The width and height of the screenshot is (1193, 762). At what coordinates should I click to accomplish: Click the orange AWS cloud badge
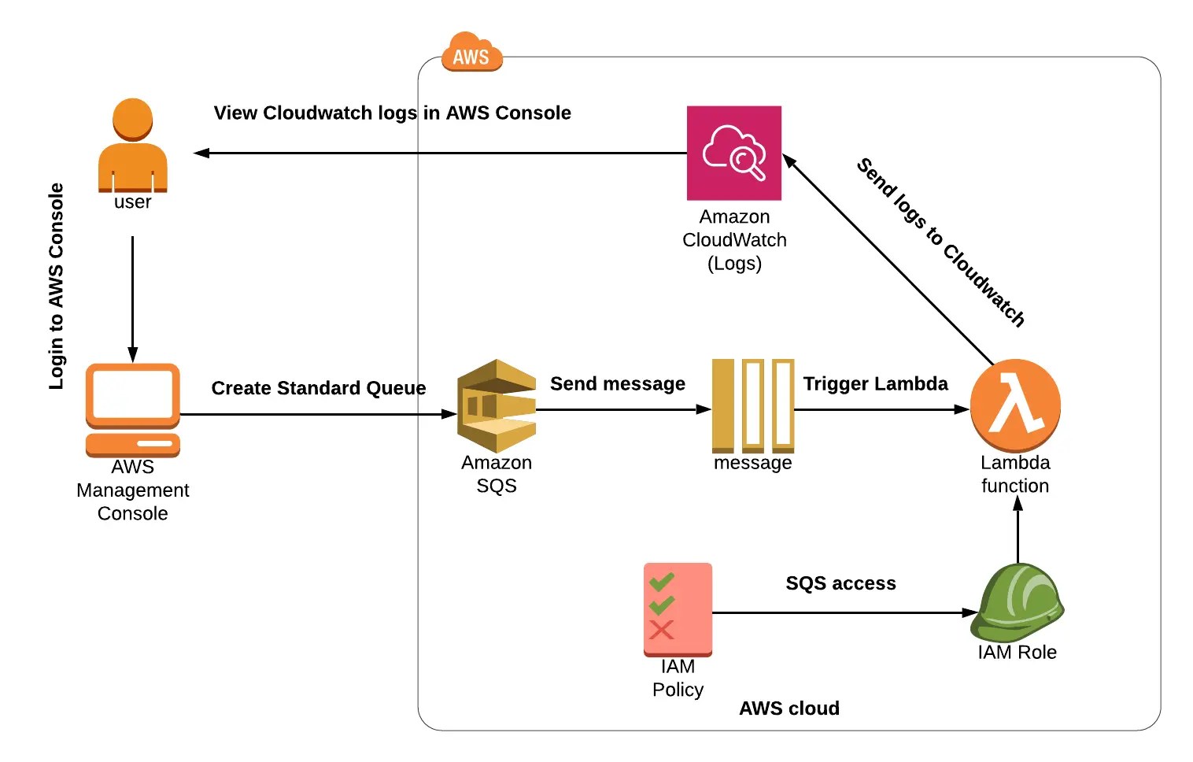coord(471,53)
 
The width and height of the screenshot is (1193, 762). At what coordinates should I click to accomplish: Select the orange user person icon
coord(132,146)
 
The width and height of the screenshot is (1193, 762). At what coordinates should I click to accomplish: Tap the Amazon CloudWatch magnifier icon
coord(733,153)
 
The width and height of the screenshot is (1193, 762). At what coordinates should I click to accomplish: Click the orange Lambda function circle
coord(1015,405)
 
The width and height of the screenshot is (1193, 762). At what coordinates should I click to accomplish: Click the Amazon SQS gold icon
coord(497,406)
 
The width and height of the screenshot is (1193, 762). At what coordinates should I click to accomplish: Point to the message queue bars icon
coord(752,405)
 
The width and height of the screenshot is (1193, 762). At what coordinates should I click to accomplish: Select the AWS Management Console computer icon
coord(132,410)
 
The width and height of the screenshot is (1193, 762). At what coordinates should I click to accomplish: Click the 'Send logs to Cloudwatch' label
coord(940,242)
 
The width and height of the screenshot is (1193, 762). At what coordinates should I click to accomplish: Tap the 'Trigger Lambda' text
coord(875,384)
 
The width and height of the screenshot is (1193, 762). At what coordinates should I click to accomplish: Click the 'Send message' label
coord(618,384)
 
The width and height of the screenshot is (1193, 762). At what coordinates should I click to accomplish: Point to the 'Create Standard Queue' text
coord(319,388)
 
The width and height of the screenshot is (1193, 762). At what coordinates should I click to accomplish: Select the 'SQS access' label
coord(840,583)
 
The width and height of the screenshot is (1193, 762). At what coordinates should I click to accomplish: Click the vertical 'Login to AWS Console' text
coord(56,286)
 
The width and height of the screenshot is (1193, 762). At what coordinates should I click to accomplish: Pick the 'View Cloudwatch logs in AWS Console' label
coord(392,113)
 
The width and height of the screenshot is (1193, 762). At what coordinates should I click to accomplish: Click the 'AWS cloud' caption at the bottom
coord(789,708)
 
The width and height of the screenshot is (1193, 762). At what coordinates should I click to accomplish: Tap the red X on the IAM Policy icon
coord(661,630)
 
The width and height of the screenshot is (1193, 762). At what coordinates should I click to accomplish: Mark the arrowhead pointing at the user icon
coord(201,153)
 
